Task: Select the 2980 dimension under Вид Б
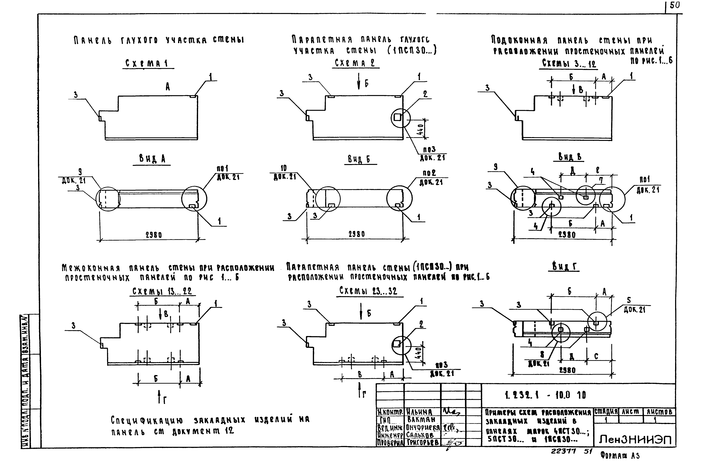pos(357,234)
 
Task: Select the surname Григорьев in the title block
pos(422,442)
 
